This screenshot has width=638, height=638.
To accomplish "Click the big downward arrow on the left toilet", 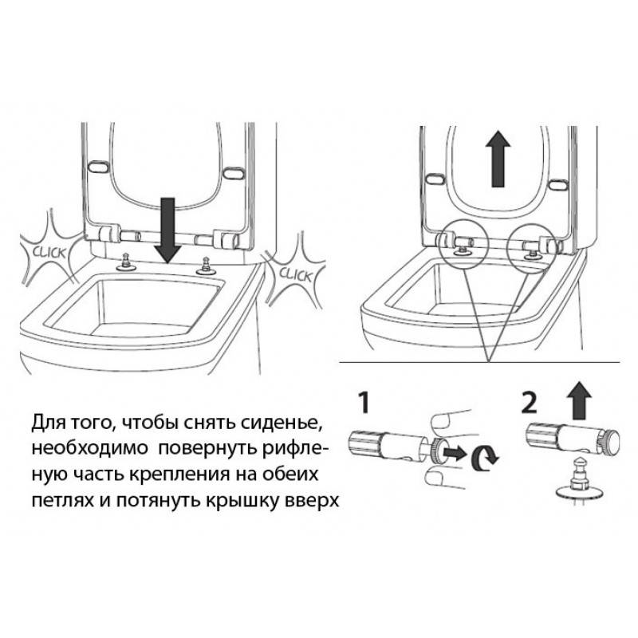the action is [x=168, y=230].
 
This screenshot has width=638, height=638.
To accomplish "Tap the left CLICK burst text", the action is [x=49, y=252].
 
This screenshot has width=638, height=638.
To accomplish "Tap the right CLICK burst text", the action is [x=296, y=275].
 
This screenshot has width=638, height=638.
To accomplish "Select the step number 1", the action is [x=364, y=402].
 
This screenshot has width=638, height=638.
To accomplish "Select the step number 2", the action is [x=530, y=402].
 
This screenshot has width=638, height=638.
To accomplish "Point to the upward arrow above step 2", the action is [x=580, y=401].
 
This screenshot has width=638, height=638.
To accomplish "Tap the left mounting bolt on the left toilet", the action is [x=125, y=262].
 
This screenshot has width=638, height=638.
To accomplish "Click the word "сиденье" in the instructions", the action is [x=280, y=423].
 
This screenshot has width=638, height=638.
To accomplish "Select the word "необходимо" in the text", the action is [x=89, y=449].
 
